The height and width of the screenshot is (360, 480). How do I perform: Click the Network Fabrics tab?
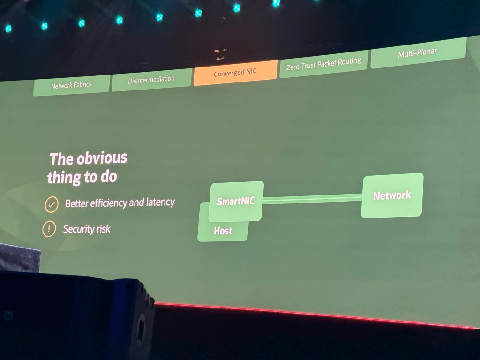point(71,85)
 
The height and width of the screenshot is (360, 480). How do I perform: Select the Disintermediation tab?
point(151,80)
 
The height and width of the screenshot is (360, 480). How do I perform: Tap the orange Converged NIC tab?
point(235,73)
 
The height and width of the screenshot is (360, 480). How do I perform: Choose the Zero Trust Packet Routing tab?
point(323,64)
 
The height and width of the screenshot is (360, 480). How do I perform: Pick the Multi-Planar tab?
point(417,53)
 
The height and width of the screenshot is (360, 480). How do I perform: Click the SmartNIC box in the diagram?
point(236,202)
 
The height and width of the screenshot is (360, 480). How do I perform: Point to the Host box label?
point(223,231)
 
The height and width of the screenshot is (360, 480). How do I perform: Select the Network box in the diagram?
point(392,195)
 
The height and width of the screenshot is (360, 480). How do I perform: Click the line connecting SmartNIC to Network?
point(312,199)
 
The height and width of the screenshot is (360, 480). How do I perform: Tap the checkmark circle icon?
point(51,205)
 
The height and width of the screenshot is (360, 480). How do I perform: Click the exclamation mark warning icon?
point(49,229)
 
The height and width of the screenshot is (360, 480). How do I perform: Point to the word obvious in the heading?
point(102,158)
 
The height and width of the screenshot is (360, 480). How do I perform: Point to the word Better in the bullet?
point(76,204)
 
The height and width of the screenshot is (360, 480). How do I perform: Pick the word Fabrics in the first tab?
point(81,85)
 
